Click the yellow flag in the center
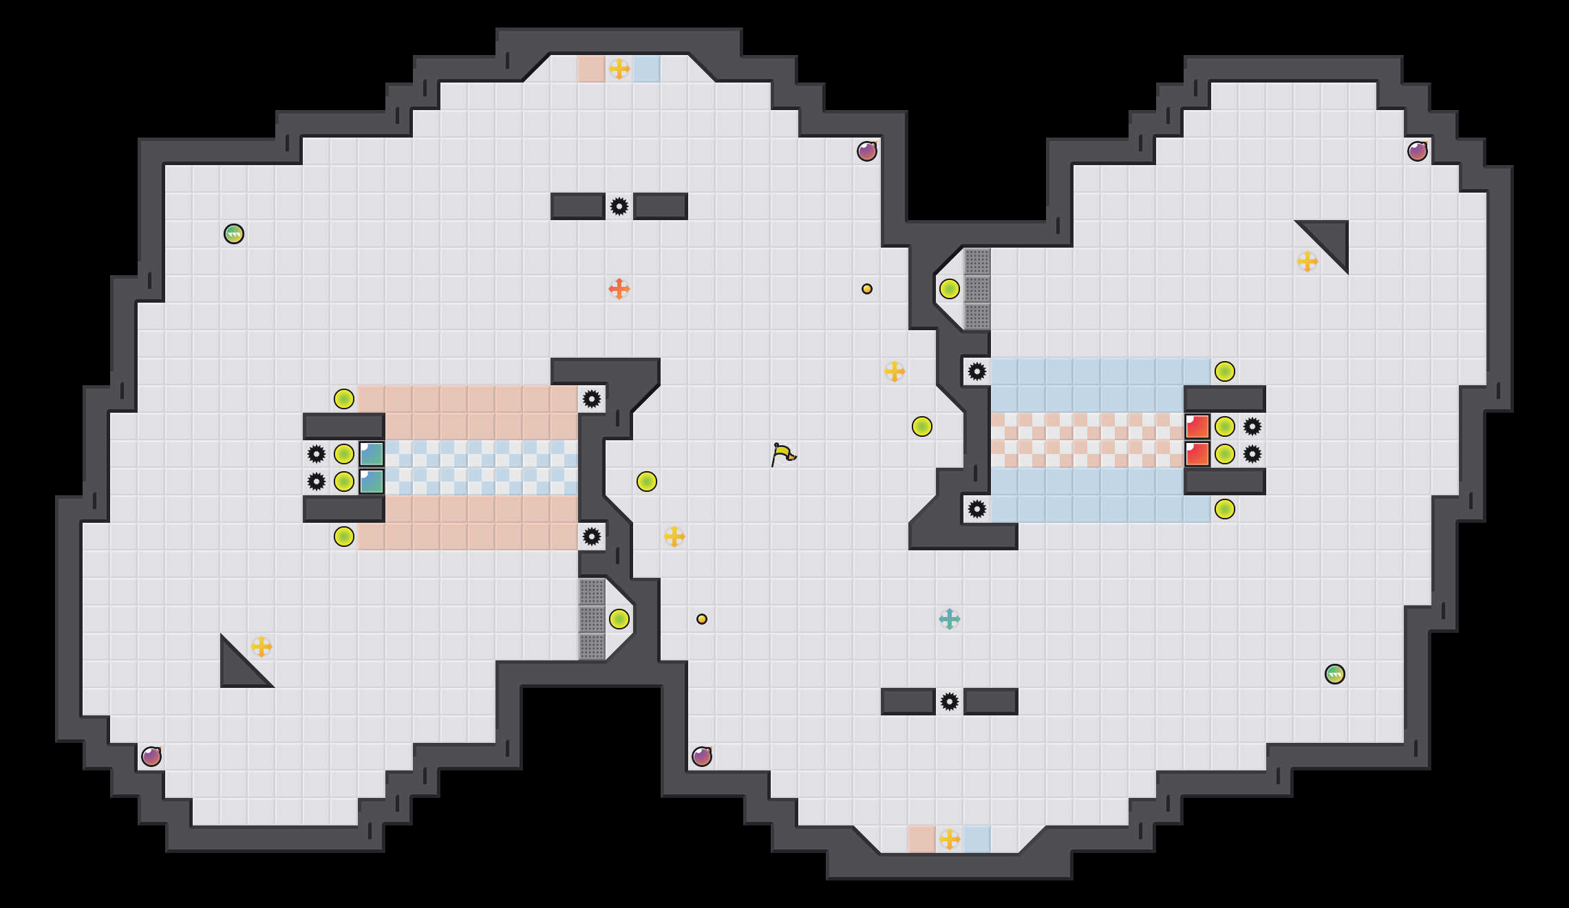(x=782, y=454)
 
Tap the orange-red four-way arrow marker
(x=619, y=289)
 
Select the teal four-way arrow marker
(x=950, y=619)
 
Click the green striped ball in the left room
(x=234, y=234)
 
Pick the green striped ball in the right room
(x=1335, y=674)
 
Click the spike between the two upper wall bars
(x=619, y=206)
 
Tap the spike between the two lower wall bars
(x=950, y=702)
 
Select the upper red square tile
(x=1197, y=426)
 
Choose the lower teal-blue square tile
(x=372, y=482)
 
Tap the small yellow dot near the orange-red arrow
(x=867, y=289)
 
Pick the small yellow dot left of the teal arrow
(x=702, y=619)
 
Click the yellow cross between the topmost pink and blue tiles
(x=619, y=69)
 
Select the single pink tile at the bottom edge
(x=922, y=839)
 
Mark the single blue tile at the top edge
(x=647, y=69)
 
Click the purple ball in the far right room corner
(x=1418, y=151)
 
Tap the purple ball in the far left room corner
(x=151, y=757)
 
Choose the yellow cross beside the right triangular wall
(x=1307, y=261)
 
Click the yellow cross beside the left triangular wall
(x=261, y=647)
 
